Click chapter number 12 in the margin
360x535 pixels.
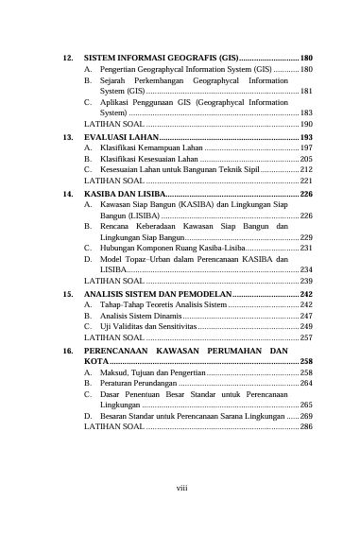tap(68, 59)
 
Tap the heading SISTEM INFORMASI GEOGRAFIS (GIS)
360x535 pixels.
tap(160, 59)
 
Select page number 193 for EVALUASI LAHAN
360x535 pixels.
tap(306, 137)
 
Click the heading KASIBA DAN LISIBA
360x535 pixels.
tap(128, 193)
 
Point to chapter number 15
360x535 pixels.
tap(68, 294)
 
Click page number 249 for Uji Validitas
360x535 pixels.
tap(306, 326)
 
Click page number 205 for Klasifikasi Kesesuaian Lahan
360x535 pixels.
tap(306, 159)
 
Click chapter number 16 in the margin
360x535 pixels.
tap(68, 350)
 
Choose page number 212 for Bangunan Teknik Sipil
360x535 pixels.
tap(306, 169)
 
